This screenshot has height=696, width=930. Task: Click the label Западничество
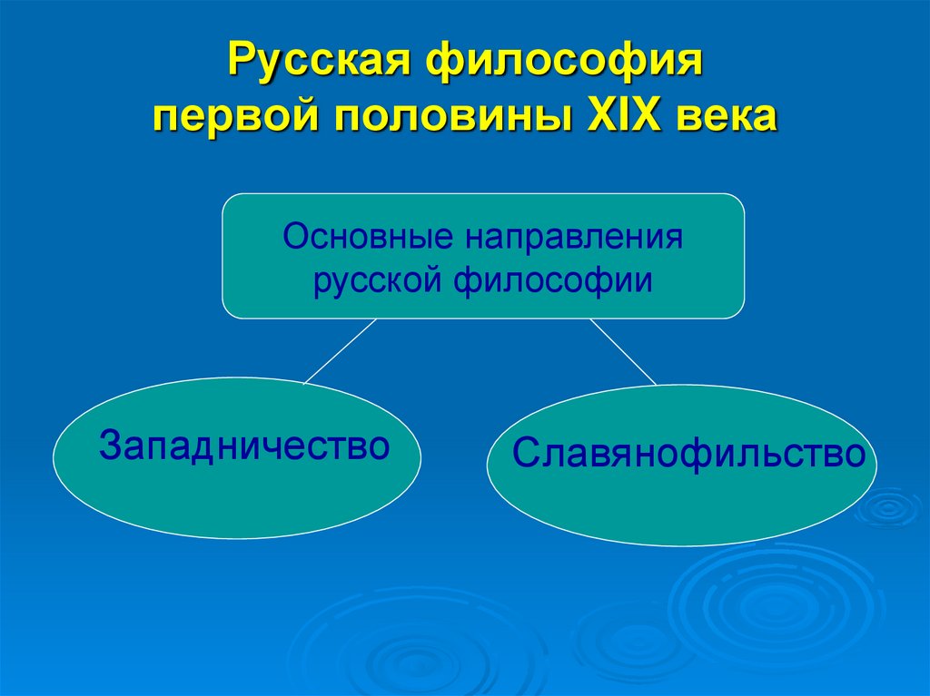tap(244, 446)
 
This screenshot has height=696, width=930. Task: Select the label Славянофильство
tap(688, 454)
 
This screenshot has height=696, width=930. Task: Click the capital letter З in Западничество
tap(109, 446)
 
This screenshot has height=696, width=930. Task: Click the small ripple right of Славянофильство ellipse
tap(887, 507)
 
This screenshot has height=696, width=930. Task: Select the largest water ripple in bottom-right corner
tap(772, 603)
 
